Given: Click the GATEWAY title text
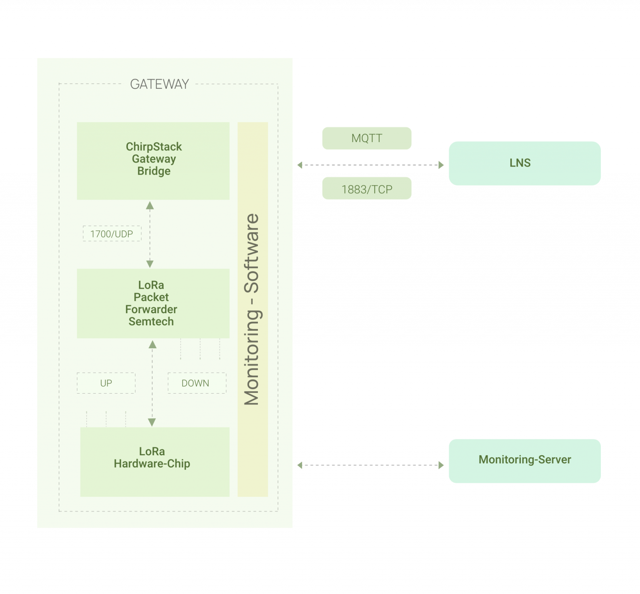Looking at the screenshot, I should [159, 84].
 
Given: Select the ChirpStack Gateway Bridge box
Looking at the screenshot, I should [153, 161].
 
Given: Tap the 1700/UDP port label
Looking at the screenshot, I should [112, 234].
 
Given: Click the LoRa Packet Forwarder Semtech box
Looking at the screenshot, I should [153, 303].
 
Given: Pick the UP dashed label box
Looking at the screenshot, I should [106, 383].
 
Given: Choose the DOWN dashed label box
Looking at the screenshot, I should [197, 383].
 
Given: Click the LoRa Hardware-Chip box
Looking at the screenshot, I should [155, 462].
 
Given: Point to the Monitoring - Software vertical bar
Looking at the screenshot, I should [252, 309].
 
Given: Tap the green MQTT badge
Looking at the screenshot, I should [367, 138].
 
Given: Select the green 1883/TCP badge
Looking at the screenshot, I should [367, 189].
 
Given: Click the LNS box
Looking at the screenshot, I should [525, 163].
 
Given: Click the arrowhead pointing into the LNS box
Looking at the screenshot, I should [441, 165].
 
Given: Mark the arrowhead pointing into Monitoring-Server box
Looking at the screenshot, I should [441, 465].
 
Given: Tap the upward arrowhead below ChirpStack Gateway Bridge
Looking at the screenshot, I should [150, 205].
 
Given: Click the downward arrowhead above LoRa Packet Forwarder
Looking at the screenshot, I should [150, 264].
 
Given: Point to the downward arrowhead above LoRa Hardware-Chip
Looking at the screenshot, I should [152, 422].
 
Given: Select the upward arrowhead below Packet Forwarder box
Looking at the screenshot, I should [152, 344].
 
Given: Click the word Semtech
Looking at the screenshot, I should [151, 322].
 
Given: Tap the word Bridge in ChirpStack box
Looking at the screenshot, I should [154, 171].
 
